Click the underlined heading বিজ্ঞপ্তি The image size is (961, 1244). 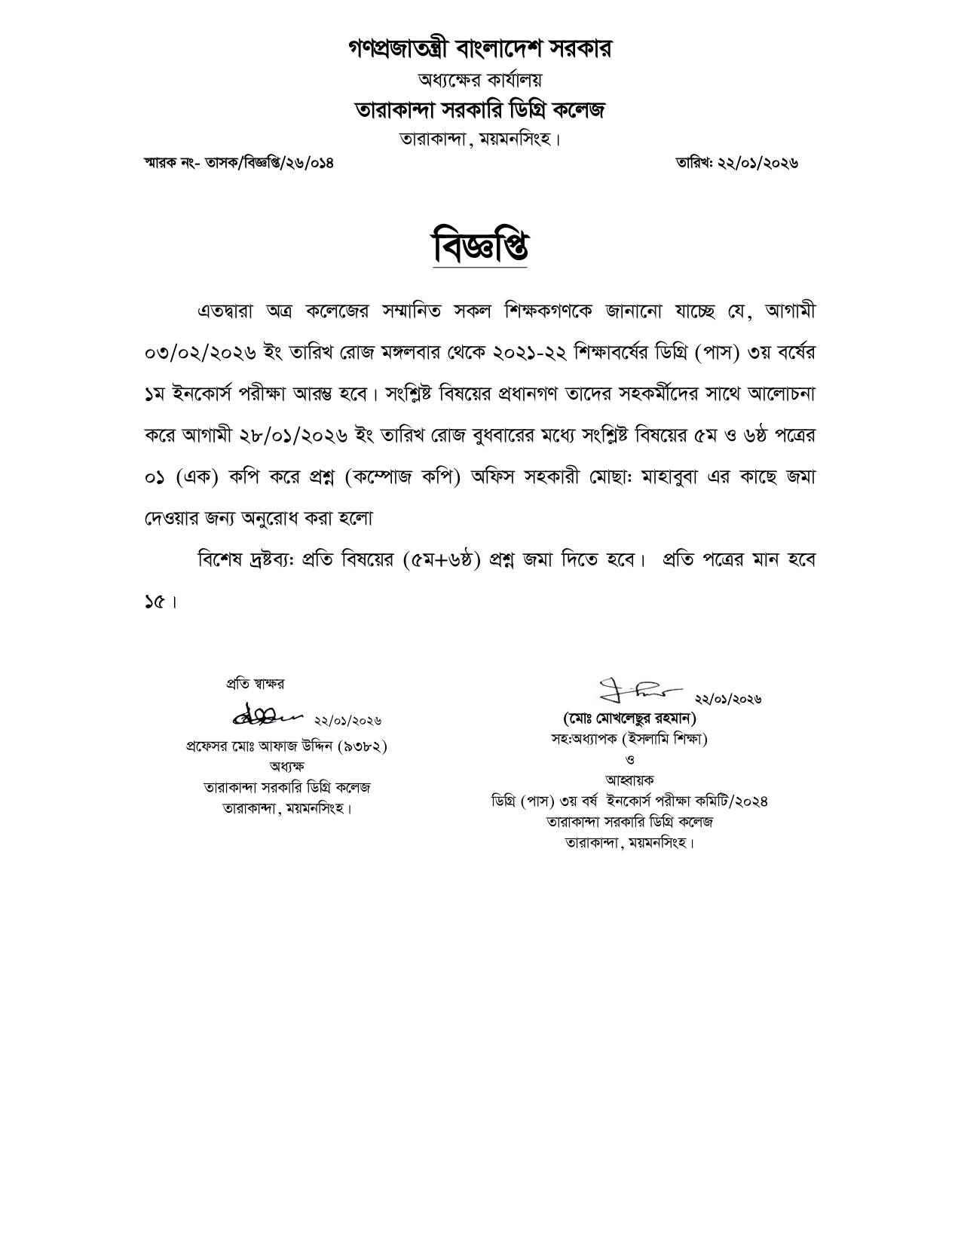pyautogui.click(x=480, y=245)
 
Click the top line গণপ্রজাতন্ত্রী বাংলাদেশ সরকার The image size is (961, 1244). pyautogui.click(x=480, y=49)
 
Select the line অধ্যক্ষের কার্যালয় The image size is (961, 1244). pyautogui.click(x=480, y=79)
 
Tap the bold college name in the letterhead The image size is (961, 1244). pyautogui.click(x=480, y=110)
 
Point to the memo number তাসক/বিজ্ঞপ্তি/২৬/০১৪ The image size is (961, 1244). pyautogui.click(x=269, y=163)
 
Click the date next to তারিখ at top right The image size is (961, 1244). pyautogui.click(x=757, y=163)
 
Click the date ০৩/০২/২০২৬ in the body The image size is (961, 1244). pyautogui.click(x=201, y=352)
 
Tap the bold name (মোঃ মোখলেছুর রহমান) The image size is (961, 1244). pyautogui.click(x=629, y=717)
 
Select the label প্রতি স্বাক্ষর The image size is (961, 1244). pyautogui.click(x=256, y=684)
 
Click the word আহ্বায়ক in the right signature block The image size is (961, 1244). pyautogui.click(x=629, y=780)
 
